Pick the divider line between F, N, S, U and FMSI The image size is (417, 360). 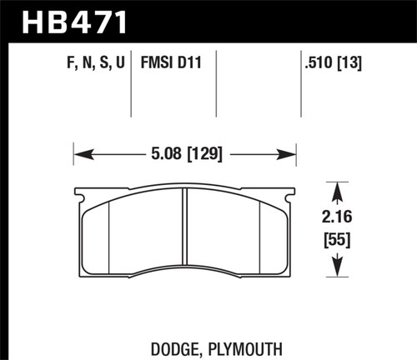tap(133, 83)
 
